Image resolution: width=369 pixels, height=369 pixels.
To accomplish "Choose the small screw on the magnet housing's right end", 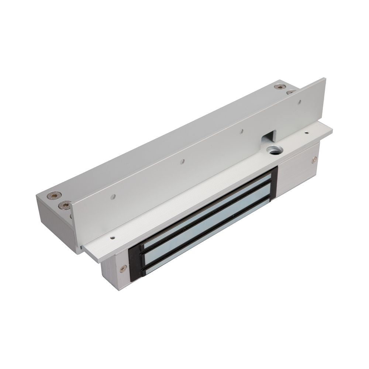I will click(x=314, y=159).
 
